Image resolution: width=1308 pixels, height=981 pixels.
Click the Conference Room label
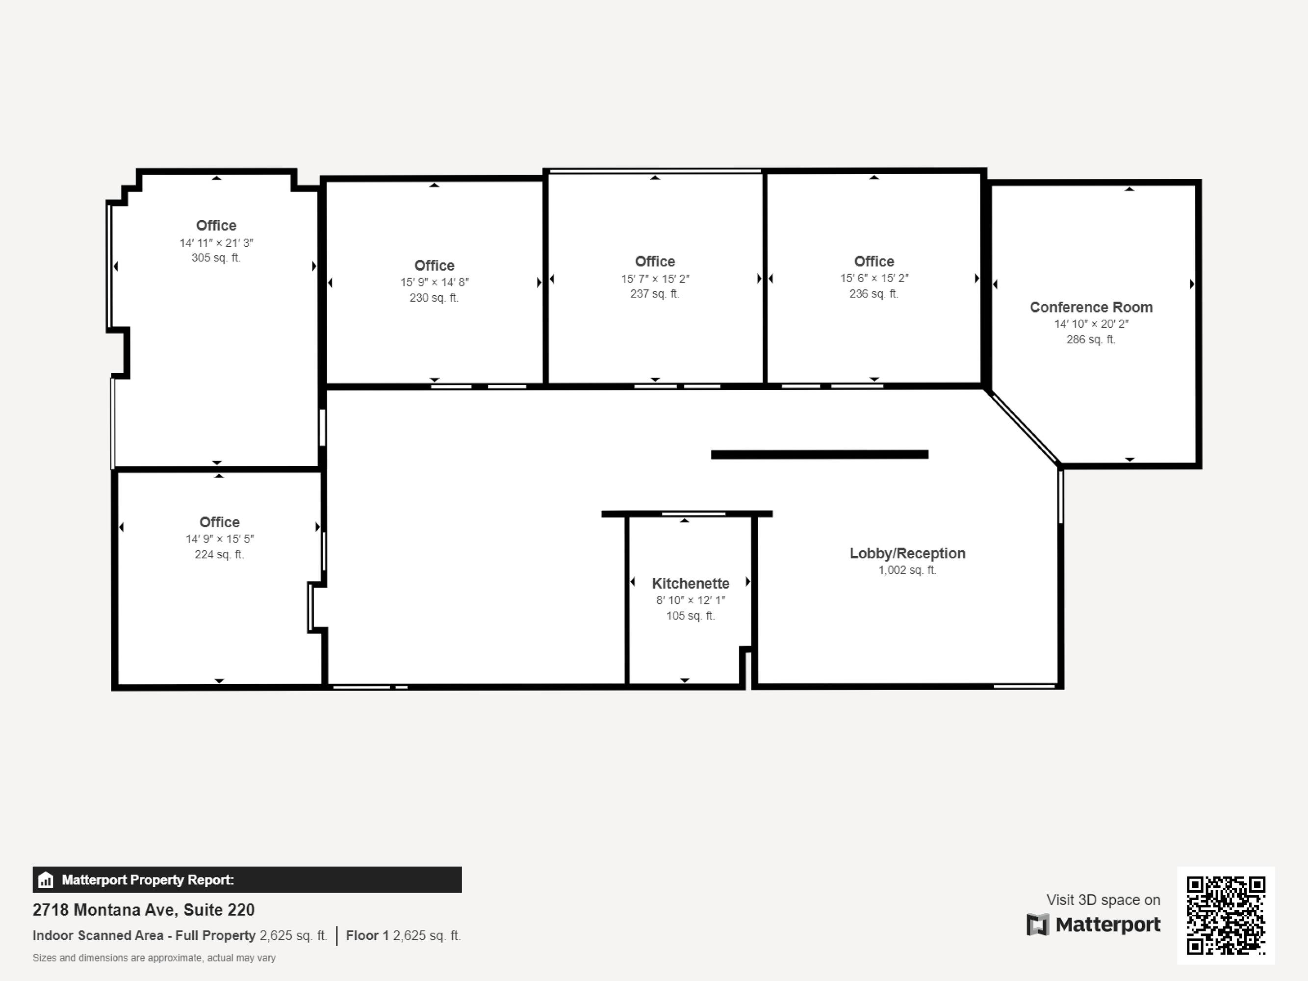point(1091,308)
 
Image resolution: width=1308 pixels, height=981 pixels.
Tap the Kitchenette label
point(691,584)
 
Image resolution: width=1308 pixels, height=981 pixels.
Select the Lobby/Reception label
point(907,553)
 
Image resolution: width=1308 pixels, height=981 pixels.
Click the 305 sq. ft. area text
point(216,258)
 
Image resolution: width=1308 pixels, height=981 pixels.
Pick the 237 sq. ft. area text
point(655,294)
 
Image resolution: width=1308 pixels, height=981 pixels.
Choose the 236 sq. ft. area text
point(874,294)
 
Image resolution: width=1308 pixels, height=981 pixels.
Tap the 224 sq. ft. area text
point(219,555)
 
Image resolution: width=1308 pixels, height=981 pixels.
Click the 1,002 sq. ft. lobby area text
point(907,570)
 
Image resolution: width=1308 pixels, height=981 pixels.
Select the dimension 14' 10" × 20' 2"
point(1091,324)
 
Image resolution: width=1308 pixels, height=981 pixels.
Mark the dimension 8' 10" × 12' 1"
point(691,600)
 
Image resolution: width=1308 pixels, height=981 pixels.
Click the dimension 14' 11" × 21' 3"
point(216,243)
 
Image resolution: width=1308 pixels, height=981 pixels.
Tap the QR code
point(1226,915)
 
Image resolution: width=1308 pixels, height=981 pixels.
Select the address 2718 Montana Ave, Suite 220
point(144,909)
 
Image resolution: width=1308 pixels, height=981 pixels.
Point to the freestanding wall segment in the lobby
point(820,455)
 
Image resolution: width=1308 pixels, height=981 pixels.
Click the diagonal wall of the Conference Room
point(1023,427)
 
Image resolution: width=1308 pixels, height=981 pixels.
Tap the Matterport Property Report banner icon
point(46,880)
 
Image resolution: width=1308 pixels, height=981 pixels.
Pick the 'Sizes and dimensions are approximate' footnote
point(154,958)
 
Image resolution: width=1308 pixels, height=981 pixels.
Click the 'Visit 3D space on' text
point(1103,900)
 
